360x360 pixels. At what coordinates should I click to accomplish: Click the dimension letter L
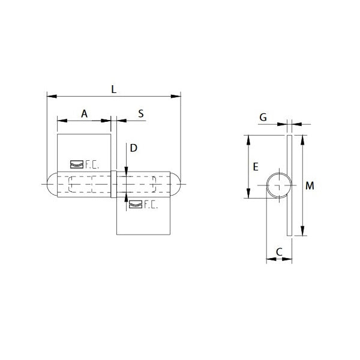click(x=114, y=89)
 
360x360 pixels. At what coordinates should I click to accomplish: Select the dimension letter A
click(x=84, y=113)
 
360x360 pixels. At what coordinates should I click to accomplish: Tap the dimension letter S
click(x=140, y=113)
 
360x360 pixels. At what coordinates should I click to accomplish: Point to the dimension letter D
click(x=134, y=148)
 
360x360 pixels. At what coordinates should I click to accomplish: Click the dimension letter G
click(x=263, y=118)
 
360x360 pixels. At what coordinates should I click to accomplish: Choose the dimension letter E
click(x=256, y=167)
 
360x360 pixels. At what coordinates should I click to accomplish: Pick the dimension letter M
click(x=310, y=186)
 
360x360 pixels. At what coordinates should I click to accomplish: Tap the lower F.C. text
click(x=150, y=206)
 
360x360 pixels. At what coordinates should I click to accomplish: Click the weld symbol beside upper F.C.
click(x=76, y=164)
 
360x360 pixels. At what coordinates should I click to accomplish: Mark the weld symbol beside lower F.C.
click(x=135, y=205)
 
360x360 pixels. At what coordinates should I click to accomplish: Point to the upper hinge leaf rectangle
click(x=84, y=150)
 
